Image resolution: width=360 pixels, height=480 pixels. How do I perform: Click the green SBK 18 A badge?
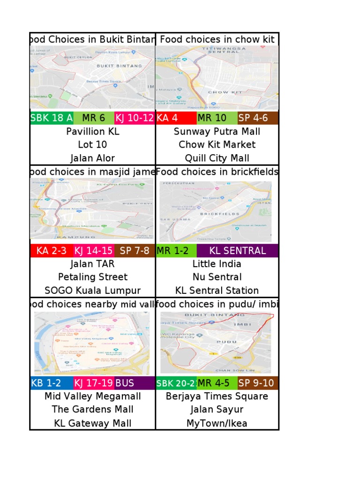coord(51,118)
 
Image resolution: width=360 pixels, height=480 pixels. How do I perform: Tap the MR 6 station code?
coord(93,118)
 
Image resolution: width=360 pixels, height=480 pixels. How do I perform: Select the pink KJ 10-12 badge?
coord(134,118)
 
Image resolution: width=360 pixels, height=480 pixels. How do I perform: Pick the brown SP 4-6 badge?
coord(258,118)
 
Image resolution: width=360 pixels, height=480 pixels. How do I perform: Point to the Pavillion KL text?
coord(92,131)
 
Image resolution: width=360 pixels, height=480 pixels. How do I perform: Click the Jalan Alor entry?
coord(92,158)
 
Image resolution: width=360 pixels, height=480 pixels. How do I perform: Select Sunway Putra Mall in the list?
coord(217,131)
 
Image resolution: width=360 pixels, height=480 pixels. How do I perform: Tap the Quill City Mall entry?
coord(217,158)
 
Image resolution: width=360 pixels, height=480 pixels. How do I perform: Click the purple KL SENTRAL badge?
coord(237,251)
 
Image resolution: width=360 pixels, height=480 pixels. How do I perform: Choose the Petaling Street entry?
coord(92,277)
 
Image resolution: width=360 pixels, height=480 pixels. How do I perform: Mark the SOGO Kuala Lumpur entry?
coord(92,290)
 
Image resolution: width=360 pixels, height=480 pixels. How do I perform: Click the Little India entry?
coord(217,264)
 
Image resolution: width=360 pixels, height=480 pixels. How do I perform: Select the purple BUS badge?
coord(135,383)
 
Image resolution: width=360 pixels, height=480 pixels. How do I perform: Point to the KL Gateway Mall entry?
coord(92,423)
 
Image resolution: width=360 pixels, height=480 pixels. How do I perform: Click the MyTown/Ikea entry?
coord(217,423)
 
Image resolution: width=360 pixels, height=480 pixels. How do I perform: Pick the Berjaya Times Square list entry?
coord(217,397)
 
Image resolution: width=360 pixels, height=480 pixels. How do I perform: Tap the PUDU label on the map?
coord(226,342)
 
